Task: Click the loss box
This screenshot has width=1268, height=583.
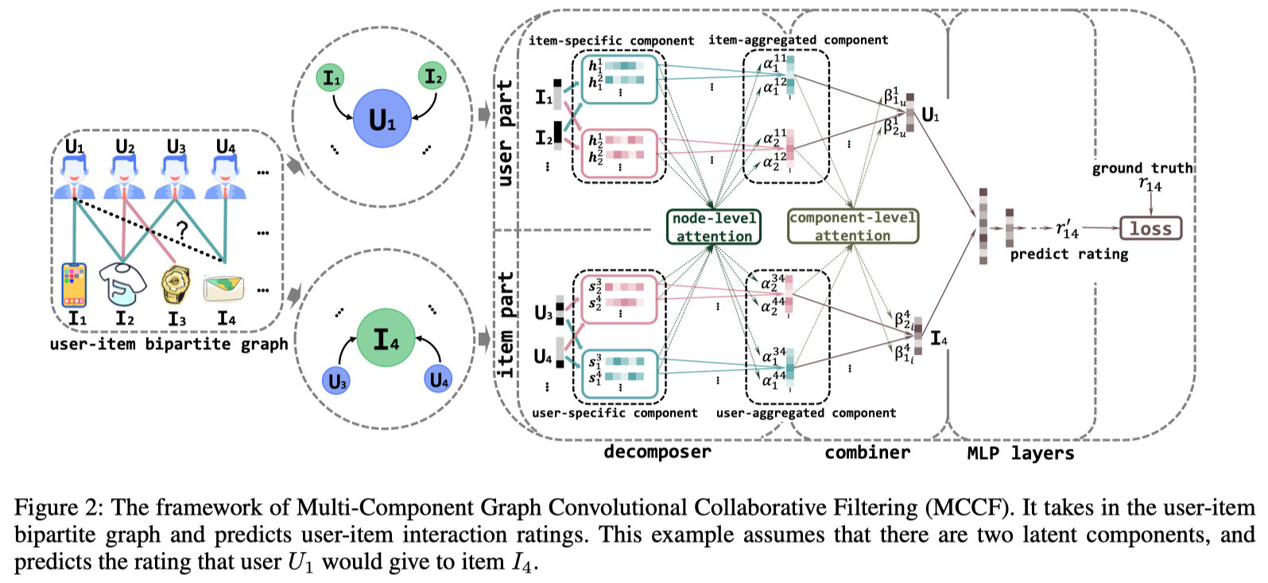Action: pyautogui.click(x=1150, y=229)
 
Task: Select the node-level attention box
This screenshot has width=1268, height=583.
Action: pyautogui.click(x=713, y=227)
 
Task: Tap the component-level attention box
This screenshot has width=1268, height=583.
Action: pyautogui.click(x=852, y=227)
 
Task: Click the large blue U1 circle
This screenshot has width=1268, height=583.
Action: pyautogui.click(x=382, y=119)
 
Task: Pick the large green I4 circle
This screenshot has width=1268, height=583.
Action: pyautogui.click(x=386, y=340)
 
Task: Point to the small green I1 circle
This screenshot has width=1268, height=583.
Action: pyautogui.click(x=331, y=79)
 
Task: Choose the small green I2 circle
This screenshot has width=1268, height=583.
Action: pyautogui.click(x=432, y=76)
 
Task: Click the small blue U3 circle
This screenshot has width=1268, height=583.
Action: pyautogui.click(x=338, y=382)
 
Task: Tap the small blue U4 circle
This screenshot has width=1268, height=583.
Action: pyautogui.click(x=439, y=380)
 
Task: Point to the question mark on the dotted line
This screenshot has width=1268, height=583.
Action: pyautogui.click(x=182, y=231)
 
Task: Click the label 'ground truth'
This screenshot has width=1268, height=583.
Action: pyautogui.click(x=1142, y=168)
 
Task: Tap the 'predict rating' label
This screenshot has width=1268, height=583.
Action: pyautogui.click(x=1068, y=255)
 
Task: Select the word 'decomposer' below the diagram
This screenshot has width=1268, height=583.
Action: pyautogui.click(x=657, y=452)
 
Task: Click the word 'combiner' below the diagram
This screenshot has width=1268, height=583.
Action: pyautogui.click(x=867, y=453)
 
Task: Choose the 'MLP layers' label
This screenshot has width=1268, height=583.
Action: pyautogui.click(x=1020, y=453)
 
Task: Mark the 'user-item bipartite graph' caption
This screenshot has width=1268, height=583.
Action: pyautogui.click(x=169, y=344)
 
